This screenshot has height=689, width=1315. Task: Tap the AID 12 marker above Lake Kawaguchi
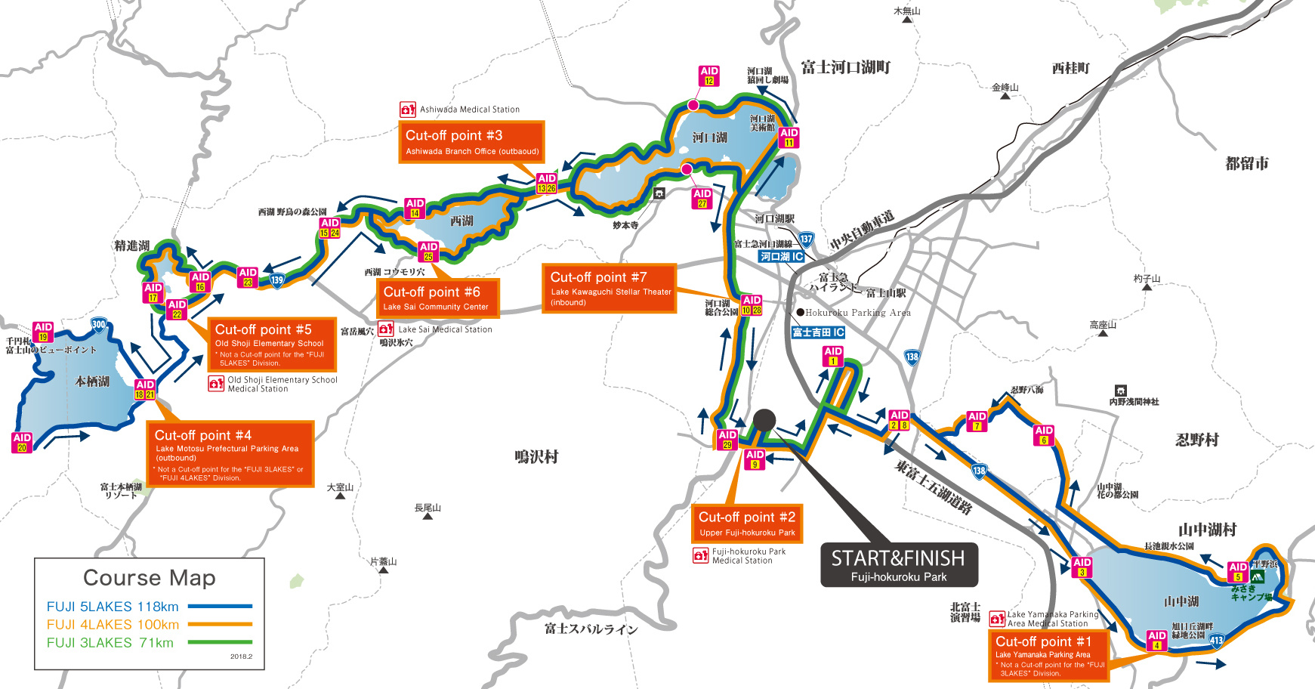(x=708, y=76)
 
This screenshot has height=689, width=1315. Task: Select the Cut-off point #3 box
(x=471, y=142)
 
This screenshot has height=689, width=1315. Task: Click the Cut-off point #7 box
(x=609, y=289)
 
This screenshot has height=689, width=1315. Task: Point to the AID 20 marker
(x=22, y=442)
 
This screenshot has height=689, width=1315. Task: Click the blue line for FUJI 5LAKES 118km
(x=220, y=606)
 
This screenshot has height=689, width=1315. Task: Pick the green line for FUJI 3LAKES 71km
(x=220, y=642)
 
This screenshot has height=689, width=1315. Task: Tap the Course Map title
(x=150, y=578)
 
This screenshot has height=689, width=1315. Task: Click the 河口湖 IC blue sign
(x=781, y=257)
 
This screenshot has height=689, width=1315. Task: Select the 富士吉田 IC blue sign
(x=818, y=332)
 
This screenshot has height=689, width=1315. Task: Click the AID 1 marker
(x=832, y=356)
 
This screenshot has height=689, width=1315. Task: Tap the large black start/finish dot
(x=764, y=420)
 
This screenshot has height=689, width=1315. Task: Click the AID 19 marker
(x=43, y=332)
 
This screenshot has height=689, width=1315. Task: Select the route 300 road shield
(x=98, y=325)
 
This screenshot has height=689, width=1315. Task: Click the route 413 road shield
(x=1216, y=641)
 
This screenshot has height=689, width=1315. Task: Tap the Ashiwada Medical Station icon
(x=408, y=110)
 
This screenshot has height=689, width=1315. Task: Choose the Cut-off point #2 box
(x=746, y=524)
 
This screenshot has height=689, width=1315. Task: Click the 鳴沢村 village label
(x=536, y=457)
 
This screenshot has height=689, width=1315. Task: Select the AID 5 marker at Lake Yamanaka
(x=1237, y=572)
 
